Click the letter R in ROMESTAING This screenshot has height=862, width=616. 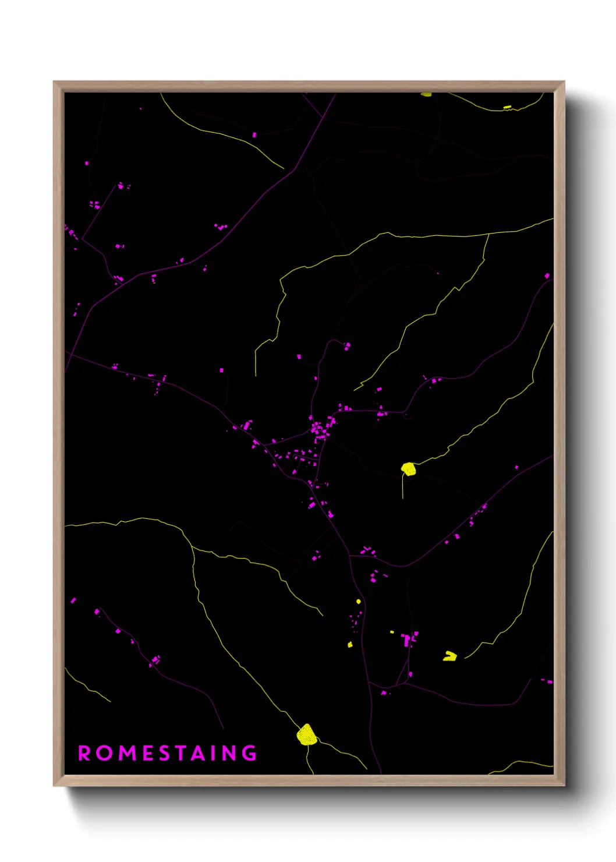coord(84,753)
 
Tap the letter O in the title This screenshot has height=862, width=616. coord(105,753)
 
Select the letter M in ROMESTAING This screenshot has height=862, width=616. coord(128,753)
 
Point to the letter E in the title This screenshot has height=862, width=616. coord(148,753)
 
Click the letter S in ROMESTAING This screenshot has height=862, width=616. coord(165,753)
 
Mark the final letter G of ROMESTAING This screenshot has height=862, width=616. coord(250,753)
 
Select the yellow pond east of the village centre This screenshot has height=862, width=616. coord(409,469)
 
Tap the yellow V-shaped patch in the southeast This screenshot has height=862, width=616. coord(449,656)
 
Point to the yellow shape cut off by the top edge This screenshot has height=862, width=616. coord(427,94)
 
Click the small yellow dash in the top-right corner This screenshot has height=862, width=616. coord(507,107)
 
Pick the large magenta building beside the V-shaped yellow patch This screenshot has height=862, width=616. coord(407,640)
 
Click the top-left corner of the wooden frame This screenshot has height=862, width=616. coord(54,82)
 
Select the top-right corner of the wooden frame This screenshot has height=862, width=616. coord(564,82)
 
